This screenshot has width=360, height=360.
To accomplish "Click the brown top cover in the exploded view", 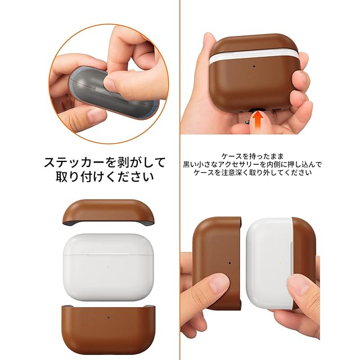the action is point(108,213).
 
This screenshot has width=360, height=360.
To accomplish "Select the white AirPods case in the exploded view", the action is point(108,267).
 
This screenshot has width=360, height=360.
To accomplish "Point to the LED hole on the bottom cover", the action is point(109,318).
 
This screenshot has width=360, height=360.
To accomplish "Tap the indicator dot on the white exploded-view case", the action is point(108,267).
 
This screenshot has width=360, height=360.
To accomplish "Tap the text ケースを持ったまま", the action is point(253,156).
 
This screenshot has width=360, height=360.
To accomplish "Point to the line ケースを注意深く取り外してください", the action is point(253,173).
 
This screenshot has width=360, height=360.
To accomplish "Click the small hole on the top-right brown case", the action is point(254,66).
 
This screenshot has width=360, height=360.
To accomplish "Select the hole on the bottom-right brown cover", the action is point(230,263).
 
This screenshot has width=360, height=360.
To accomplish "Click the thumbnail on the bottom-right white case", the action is point(298,286).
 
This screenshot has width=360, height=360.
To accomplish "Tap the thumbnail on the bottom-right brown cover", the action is point(218,285).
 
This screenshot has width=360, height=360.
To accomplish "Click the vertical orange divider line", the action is point(180,180).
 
